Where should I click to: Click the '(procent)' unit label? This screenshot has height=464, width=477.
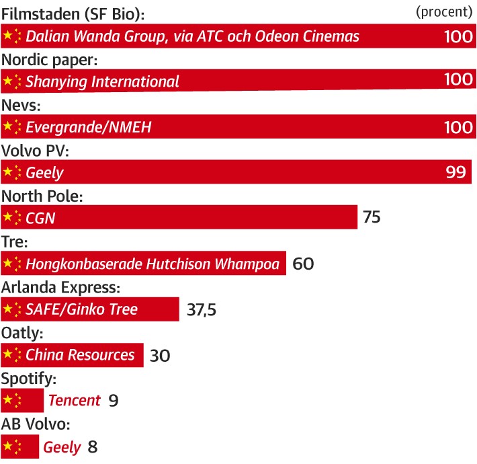pyautogui.click(x=443, y=12)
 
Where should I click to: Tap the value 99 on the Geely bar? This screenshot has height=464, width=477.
pyautogui.click(x=456, y=173)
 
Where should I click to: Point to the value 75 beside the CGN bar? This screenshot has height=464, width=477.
pyautogui.click(x=372, y=218)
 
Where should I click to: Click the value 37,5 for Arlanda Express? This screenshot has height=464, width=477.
pyautogui.click(x=200, y=310)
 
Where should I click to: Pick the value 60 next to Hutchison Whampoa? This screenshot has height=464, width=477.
pyautogui.click(x=303, y=264)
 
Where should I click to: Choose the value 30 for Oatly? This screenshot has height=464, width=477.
pyautogui.click(x=160, y=356)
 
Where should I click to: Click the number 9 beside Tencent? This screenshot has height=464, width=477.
pyautogui.click(x=114, y=401)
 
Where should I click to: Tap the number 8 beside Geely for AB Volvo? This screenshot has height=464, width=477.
pyautogui.click(x=92, y=447)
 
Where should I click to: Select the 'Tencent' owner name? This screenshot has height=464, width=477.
pyautogui.click(x=75, y=401)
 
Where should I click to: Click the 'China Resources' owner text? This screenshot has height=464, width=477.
pyautogui.click(x=80, y=355)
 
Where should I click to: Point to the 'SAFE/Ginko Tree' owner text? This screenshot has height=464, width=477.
pyautogui.click(x=81, y=309)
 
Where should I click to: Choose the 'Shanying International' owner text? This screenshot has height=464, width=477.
pyautogui.click(x=102, y=81)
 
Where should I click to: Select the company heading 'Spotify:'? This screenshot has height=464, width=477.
pyautogui.click(x=29, y=379)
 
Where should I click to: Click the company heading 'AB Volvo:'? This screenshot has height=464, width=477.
pyautogui.click(x=36, y=424)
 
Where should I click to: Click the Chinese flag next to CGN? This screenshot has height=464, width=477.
pyautogui.click(x=12, y=218)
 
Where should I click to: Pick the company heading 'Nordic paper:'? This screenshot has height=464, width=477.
pyautogui.click(x=50, y=60)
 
